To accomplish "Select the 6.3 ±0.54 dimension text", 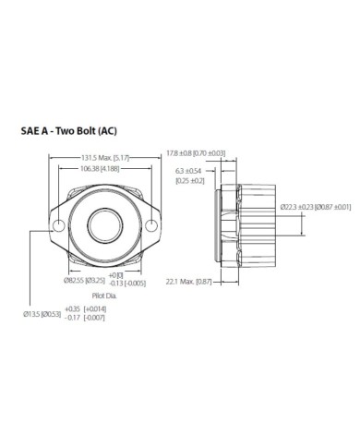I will [x=188, y=171].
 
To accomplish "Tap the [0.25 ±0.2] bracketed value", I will [x=189, y=181].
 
